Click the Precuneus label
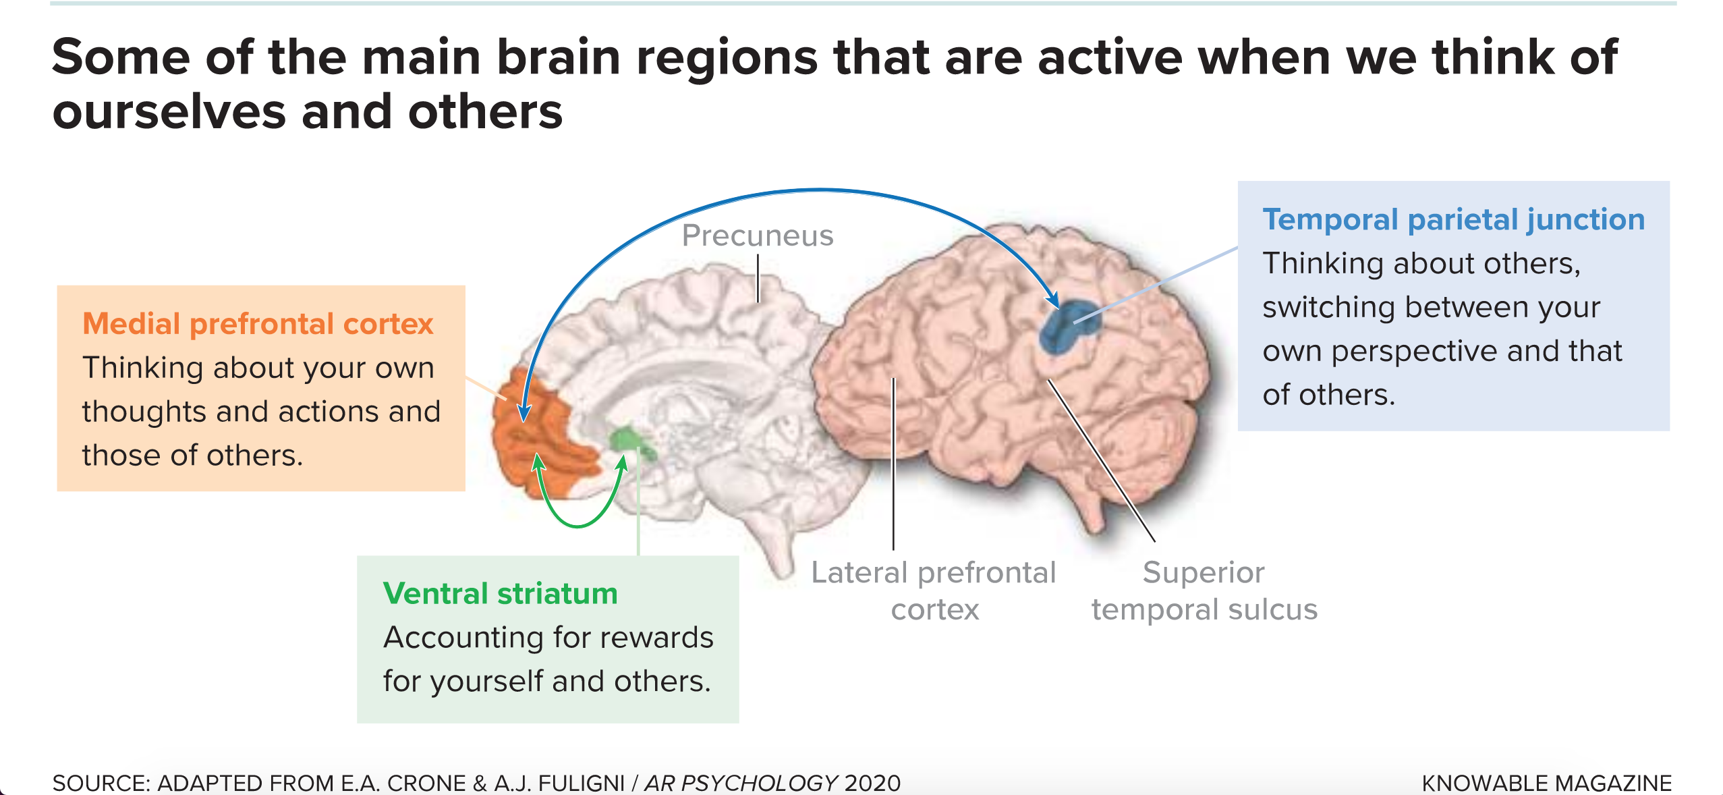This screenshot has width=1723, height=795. click(757, 236)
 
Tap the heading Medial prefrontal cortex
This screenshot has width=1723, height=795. click(257, 324)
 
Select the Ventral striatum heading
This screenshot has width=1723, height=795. click(500, 594)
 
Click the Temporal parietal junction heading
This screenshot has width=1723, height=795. click(1453, 220)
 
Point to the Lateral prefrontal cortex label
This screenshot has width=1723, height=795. click(933, 591)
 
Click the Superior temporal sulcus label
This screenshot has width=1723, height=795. click(1204, 591)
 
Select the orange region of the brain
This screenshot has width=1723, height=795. click(533, 439)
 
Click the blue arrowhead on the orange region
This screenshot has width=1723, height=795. click(524, 412)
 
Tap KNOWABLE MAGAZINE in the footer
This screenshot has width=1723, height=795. click(1546, 783)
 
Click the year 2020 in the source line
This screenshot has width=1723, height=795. click(872, 783)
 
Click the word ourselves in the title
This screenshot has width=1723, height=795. click(169, 112)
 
